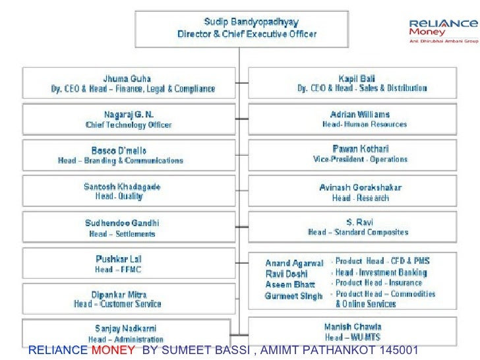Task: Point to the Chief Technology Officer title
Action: [x=129, y=125]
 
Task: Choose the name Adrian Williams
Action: [x=360, y=114]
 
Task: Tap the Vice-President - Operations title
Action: [x=360, y=160]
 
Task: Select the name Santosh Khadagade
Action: [x=122, y=187]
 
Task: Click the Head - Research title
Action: [x=360, y=198]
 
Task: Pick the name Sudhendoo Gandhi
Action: [x=122, y=223]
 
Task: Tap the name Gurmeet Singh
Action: [x=293, y=296]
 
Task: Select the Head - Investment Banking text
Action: [x=381, y=272]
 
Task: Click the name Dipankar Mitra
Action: [x=119, y=294]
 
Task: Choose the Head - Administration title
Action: [x=126, y=340]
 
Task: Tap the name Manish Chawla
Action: [x=353, y=327]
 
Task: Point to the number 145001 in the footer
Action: [x=399, y=350]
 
